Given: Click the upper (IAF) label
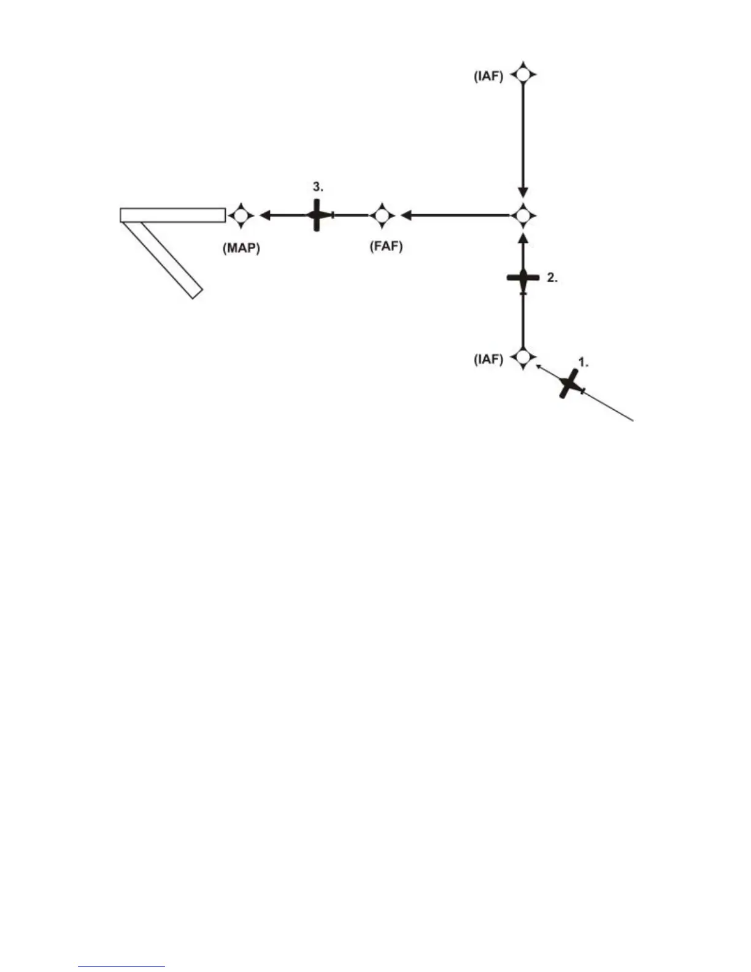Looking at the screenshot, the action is coord(488,77).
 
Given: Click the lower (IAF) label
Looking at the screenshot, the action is coord(488,359).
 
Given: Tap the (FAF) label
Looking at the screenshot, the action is coord(386,247).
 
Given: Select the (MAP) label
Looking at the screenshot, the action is coord(241,249).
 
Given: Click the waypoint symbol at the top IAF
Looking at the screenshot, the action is coord(523,75).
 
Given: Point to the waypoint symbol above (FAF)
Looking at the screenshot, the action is coord(383,215).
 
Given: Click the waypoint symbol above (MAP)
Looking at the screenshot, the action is coord(241,215).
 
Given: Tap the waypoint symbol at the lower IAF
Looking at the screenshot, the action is coord(523,357).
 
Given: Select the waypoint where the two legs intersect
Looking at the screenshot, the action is coord(523,215).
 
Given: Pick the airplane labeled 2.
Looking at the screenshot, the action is coord(523,279).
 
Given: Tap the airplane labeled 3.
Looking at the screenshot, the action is coord(317,215).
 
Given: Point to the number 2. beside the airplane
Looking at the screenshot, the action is coord(552,278).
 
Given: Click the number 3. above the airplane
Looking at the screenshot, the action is coord(318,186).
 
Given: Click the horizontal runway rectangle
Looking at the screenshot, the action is coord(172,215).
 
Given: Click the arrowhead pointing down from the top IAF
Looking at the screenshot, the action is coord(523,192).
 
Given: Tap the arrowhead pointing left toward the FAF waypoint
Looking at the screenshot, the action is coord(406,215).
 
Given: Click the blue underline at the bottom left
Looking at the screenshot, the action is coord(121,967).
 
